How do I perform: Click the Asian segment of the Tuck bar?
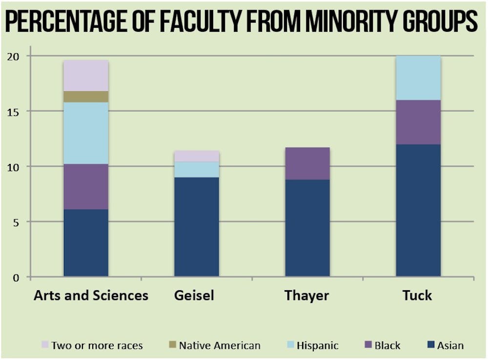[x=418, y=211]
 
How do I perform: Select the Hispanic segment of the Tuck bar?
[x=418, y=78]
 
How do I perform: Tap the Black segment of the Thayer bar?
[x=307, y=163]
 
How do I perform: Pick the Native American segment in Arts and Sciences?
[x=86, y=97]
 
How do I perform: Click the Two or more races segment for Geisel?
[x=197, y=156]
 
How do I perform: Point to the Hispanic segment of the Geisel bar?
[x=197, y=170]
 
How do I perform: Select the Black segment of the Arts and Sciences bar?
[x=86, y=187]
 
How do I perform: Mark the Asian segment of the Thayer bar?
[x=307, y=228]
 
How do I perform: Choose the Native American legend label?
[x=219, y=346]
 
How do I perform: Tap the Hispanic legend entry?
[x=312, y=346]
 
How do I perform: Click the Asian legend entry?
[x=445, y=346]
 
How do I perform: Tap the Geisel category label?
[x=194, y=296]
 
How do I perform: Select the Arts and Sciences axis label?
[x=91, y=296]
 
